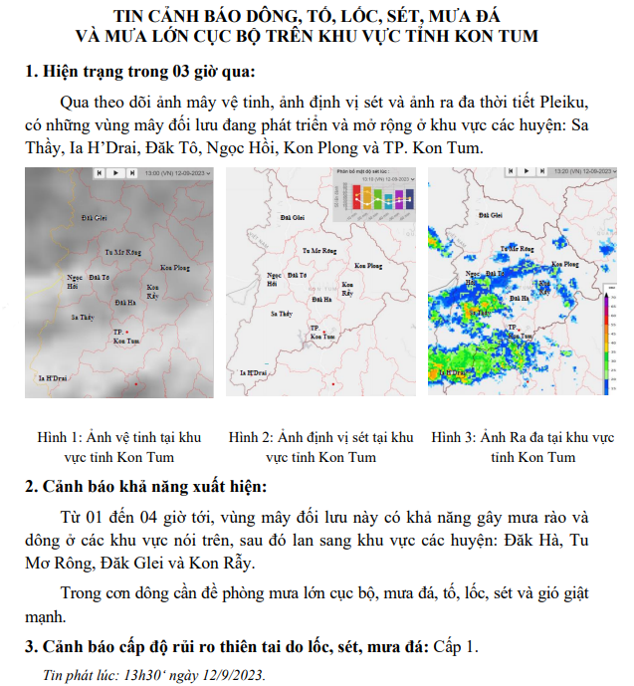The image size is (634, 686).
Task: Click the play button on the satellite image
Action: tap(115, 173)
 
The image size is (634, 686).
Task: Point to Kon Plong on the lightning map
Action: tap(367, 267)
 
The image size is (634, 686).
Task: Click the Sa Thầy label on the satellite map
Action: tap(82, 317)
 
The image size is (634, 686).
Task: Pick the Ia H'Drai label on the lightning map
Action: tap(255, 372)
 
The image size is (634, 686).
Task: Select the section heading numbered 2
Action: tap(145, 487)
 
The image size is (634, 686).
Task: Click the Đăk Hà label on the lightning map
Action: tap(320, 299)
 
